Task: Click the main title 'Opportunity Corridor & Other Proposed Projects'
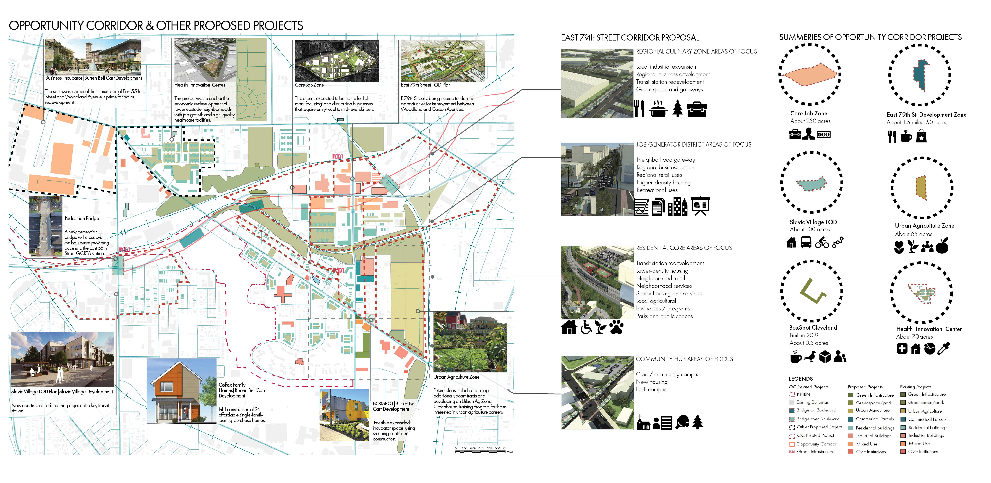(156, 26)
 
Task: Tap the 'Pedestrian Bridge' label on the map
(82, 218)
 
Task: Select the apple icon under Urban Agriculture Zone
(942, 246)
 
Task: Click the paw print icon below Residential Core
(616, 327)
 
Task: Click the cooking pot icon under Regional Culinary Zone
(658, 109)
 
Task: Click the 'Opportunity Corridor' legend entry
(816, 444)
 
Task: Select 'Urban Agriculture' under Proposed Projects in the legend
(872, 410)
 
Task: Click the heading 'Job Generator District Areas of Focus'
(693, 145)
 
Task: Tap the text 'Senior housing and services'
(669, 294)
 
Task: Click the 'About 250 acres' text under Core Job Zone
(810, 121)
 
